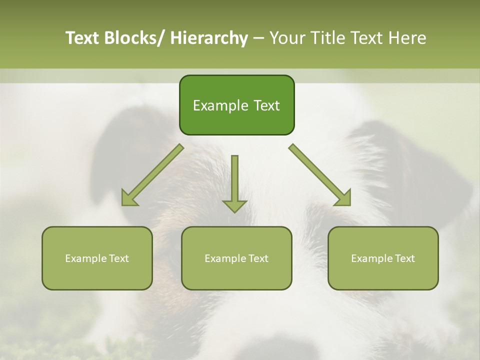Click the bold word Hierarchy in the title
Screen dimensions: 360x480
[209, 38]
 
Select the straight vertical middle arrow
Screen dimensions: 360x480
[234, 180]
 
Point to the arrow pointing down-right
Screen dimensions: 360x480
[320, 175]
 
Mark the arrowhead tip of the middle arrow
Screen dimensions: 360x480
[234, 211]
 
